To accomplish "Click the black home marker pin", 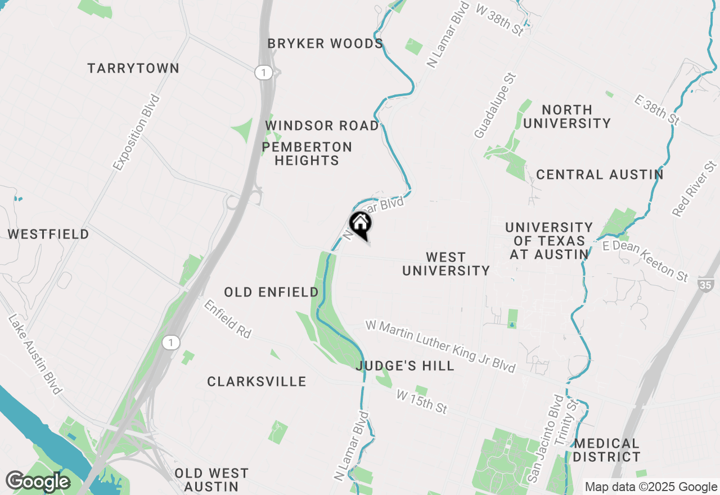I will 361,224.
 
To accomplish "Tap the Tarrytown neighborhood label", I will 133,69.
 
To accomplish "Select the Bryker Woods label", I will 325,44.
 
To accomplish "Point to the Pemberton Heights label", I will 307,154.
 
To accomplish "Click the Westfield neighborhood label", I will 48,235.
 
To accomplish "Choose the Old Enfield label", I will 271,292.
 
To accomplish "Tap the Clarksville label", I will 256,382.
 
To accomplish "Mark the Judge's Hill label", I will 405,366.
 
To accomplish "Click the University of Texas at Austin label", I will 548,241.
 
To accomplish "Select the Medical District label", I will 607,451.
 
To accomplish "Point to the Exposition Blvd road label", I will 136,133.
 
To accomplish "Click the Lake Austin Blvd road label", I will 34,354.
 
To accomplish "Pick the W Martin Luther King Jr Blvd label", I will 440,346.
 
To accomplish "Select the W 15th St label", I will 422,402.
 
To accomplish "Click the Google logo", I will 38,482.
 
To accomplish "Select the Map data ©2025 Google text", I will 650,487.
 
